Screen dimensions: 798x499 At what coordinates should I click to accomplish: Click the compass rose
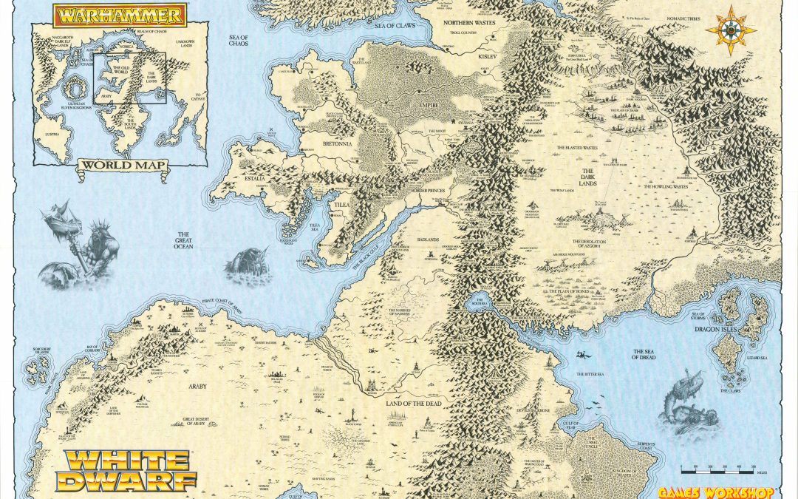(730, 30)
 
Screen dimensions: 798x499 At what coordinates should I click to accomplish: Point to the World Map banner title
(122, 165)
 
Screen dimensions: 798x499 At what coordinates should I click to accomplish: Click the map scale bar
(717, 470)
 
